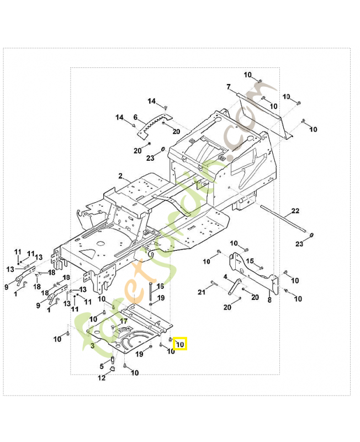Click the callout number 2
(120, 176)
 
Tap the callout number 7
(227, 87)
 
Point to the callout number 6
(135, 117)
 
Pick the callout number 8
(269, 300)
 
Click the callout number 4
(225, 277)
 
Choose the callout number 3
(92, 345)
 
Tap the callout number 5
(102, 366)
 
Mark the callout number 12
(102, 378)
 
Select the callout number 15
(250, 261)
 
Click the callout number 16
(160, 287)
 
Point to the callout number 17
(124, 320)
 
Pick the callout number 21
(202, 291)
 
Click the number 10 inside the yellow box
(181, 344)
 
